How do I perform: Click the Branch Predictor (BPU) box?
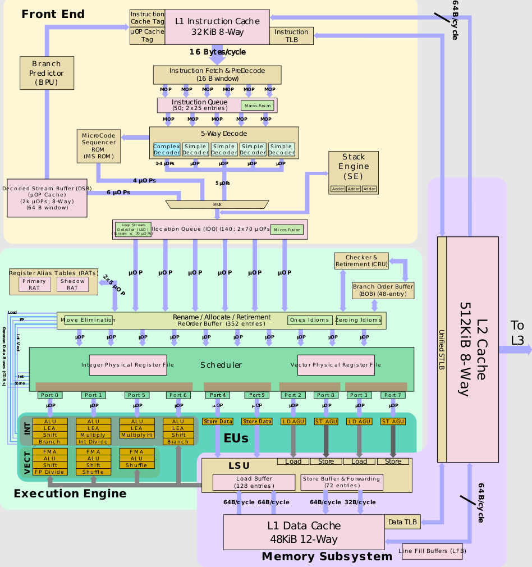(47, 73)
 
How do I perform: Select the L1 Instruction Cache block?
(217, 26)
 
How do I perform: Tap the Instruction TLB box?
(291, 36)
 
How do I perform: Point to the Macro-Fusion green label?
(258, 106)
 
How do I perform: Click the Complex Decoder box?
(167, 149)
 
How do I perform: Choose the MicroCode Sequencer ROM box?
(99, 146)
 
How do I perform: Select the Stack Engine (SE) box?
(353, 172)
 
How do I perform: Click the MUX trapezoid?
(217, 204)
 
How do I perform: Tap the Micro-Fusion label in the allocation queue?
(287, 230)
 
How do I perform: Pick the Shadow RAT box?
(72, 285)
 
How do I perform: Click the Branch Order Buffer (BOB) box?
(383, 290)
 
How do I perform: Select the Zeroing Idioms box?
(359, 320)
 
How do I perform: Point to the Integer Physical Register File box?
(128, 365)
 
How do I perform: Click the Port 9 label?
(256, 395)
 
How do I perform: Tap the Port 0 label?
(50, 395)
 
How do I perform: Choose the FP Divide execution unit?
(50, 472)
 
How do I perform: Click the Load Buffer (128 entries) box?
(254, 482)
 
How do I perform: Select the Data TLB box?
(402, 522)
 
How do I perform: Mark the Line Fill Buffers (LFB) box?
(432, 551)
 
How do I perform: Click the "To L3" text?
(517, 333)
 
